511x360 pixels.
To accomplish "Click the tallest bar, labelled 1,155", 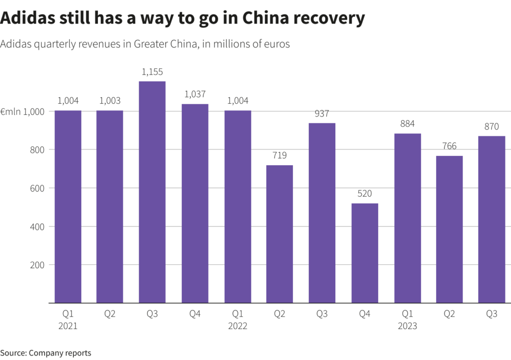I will tap(152, 192).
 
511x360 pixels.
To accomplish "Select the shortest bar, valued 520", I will tap(365, 253).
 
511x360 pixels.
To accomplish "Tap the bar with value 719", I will tap(279, 234).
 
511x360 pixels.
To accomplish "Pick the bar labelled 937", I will tap(322, 213).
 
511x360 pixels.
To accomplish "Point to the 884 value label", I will tap(407, 124).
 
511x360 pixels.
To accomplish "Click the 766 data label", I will tap(450, 146).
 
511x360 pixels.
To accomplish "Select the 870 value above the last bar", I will tap(492, 127).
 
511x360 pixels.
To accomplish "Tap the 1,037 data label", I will tap(195, 94).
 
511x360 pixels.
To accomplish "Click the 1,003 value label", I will tap(110, 101).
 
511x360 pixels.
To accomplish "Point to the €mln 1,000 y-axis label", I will tap(23, 112).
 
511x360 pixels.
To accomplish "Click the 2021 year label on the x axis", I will tap(68, 327).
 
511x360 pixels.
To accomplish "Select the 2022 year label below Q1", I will tap(238, 327).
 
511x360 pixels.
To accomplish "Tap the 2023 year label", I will tap(407, 327).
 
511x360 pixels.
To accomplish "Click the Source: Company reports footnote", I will tap(45, 353).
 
